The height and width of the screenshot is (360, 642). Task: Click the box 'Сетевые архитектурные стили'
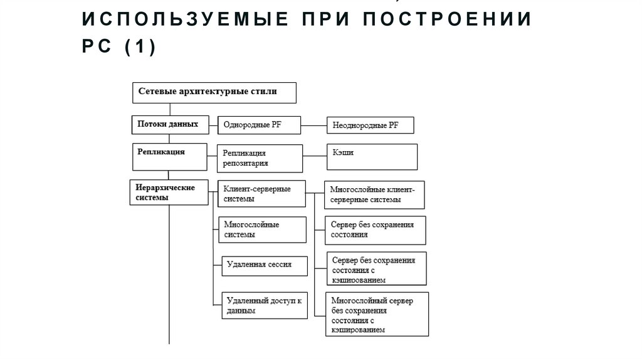pyautogui.click(x=213, y=92)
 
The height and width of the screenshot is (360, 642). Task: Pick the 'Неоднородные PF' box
pyautogui.click(x=371, y=125)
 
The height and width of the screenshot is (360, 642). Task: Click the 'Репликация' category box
pyautogui.click(x=170, y=156)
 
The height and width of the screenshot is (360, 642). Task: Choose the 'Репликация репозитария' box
pyautogui.click(x=260, y=158)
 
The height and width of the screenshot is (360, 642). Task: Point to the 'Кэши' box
pyautogui.click(x=372, y=157)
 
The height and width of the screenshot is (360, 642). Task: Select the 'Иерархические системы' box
pyautogui.click(x=170, y=193)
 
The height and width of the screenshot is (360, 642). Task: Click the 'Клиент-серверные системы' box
pyautogui.click(x=262, y=194)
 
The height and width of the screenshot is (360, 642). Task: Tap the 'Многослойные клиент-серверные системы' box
pyautogui.click(x=374, y=194)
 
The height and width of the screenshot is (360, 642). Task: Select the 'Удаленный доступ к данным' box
pyautogui.click(x=264, y=306)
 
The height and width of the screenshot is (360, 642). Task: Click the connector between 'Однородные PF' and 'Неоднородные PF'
pyautogui.click(x=314, y=125)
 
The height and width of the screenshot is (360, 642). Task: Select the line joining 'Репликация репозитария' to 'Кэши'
pyautogui.click(x=315, y=155)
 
